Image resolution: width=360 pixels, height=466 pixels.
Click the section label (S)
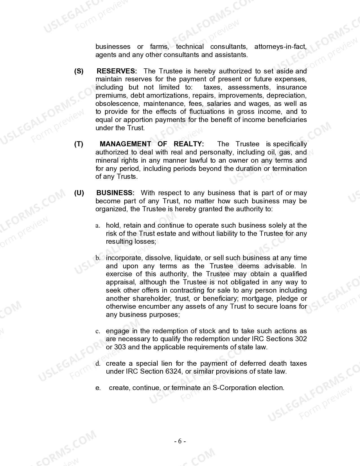(x=79, y=71)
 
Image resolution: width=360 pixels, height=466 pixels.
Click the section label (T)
(x=79, y=144)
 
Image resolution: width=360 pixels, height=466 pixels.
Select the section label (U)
(x=79, y=193)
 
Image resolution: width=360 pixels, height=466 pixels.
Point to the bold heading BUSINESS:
(x=115, y=193)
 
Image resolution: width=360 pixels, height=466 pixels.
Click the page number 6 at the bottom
(x=180, y=441)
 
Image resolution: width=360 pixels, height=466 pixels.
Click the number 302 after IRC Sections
(x=301, y=339)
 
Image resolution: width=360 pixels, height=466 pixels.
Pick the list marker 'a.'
(x=98, y=226)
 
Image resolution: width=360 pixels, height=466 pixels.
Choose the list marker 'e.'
(x=98, y=388)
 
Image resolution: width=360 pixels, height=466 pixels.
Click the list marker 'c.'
(x=98, y=331)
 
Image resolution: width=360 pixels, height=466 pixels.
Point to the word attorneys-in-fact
(x=280, y=47)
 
